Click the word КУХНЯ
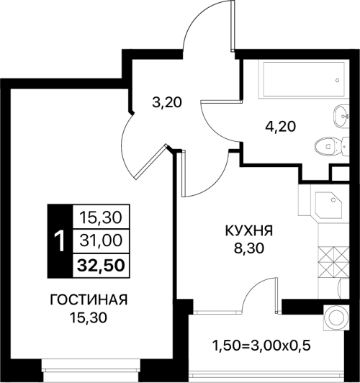248,231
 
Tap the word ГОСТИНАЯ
89,300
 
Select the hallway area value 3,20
167,102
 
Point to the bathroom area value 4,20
281,127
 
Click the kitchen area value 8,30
249,248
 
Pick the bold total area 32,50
101,266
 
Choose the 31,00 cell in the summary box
101,240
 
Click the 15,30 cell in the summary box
101,217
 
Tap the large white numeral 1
60,241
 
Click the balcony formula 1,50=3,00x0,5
262,346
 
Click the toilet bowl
331,146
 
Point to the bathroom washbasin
341,116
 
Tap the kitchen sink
330,204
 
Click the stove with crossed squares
333,262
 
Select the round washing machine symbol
336,317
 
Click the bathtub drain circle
338,80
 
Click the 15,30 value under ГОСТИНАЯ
89,317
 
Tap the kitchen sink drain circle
333,200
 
